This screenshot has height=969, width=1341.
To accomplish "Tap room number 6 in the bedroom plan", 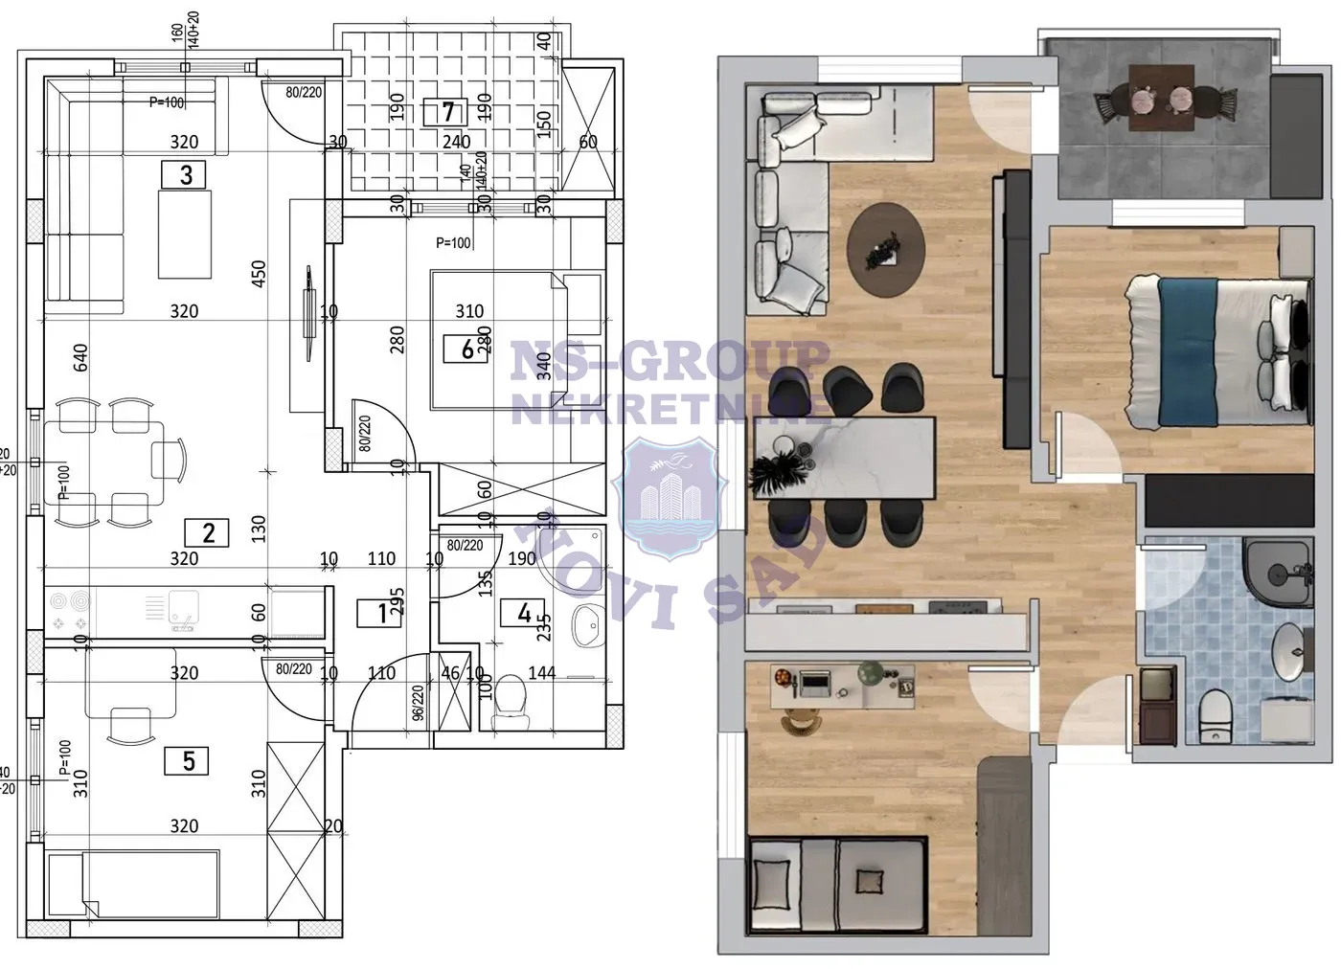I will (x=467, y=349).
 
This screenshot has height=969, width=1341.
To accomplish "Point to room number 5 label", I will (x=189, y=760).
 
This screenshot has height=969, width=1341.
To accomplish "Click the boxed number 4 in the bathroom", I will (x=524, y=613).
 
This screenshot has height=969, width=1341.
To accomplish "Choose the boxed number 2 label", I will (x=210, y=532).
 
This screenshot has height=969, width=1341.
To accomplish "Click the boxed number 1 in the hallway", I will (x=383, y=613).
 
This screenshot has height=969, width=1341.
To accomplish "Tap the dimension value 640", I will (x=80, y=357).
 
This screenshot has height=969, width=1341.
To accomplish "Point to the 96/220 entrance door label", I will (x=418, y=704).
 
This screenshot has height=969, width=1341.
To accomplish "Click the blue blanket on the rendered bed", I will (x=1187, y=349).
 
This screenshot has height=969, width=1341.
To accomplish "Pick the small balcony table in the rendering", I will (x=1161, y=96).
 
